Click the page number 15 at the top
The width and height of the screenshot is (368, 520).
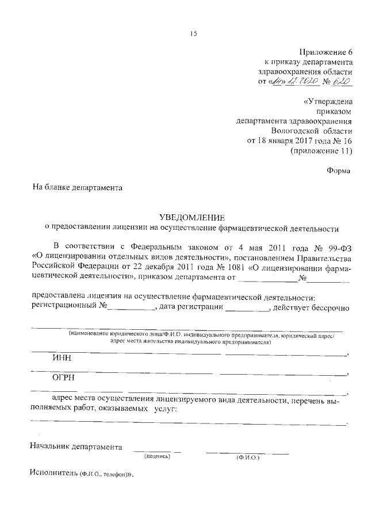[x=194, y=34]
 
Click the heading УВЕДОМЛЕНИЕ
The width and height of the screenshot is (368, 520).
[x=193, y=217]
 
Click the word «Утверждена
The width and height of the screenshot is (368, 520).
[x=327, y=101]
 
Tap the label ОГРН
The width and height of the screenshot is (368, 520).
[x=63, y=378]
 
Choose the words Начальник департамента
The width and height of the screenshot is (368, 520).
[x=76, y=446]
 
